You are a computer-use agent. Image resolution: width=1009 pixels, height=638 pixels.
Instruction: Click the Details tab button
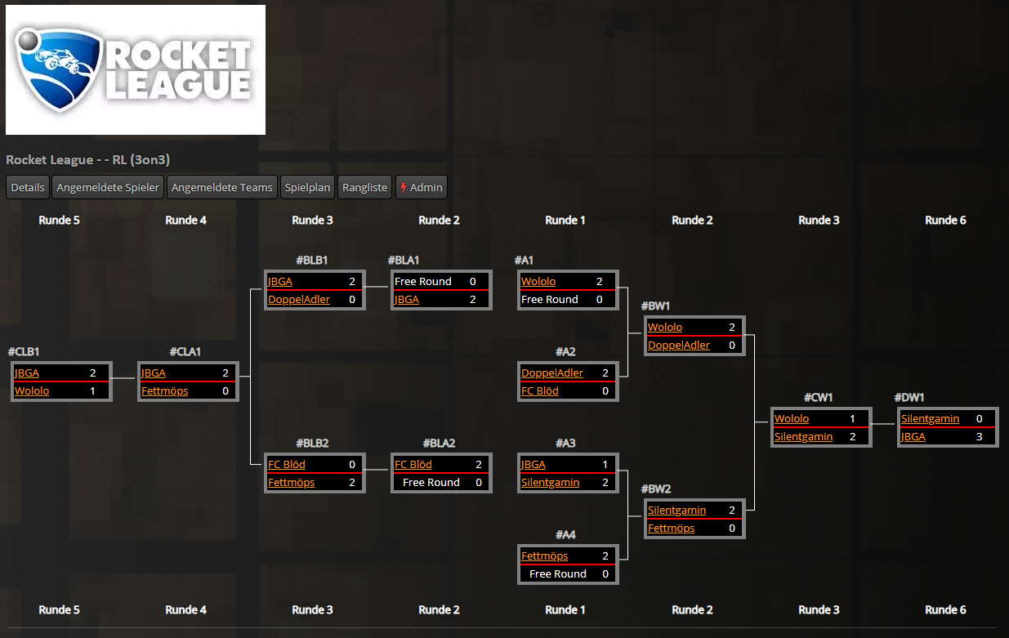point(28,187)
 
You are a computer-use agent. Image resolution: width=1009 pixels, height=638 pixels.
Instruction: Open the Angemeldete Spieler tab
point(108,187)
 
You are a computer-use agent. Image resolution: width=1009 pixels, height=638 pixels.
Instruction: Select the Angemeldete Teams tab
point(222,187)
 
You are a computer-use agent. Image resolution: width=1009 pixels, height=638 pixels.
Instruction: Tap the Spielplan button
point(307,187)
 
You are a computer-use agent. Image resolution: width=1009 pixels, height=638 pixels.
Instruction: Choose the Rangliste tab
point(365,187)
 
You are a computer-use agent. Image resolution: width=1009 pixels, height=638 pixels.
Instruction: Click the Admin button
point(422,187)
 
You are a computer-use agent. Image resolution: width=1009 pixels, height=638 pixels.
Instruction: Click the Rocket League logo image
point(136,69)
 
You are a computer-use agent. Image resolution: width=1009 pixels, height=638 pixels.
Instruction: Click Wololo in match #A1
point(538,281)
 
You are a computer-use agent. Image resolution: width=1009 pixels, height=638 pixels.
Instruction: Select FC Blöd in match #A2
point(540,390)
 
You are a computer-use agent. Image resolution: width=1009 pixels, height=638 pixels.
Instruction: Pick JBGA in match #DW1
point(913,437)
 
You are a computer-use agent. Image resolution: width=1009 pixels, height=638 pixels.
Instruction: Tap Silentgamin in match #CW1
point(803,437)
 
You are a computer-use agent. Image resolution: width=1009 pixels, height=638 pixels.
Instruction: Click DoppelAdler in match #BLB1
point(299,300)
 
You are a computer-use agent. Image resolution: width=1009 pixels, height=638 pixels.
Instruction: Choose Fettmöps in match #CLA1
point(164,390)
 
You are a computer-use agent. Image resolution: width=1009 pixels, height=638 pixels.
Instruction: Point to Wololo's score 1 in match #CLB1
point(92,390)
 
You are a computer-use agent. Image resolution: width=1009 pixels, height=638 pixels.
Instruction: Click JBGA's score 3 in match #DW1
point(979,437)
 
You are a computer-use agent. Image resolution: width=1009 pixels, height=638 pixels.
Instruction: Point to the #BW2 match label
point(656,489)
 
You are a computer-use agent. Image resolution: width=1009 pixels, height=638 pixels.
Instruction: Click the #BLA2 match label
point(440,443)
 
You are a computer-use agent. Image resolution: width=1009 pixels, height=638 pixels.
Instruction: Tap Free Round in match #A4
point(558,574)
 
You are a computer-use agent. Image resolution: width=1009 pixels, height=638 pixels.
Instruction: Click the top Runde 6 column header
point(945,221)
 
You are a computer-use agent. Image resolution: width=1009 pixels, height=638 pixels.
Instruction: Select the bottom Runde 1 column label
point(565,609)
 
